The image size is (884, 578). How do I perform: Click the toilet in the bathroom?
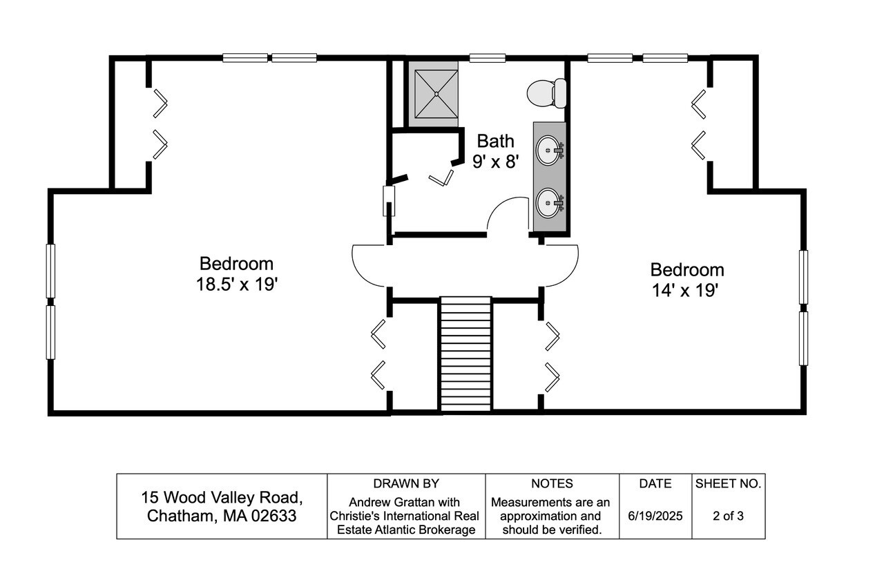[546, 93]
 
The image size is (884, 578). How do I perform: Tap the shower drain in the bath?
[436, 94]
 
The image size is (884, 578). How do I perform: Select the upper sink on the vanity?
[550, 151]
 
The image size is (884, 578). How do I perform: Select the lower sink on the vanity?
[550, 203]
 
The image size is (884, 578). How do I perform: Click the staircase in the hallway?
[465, 354]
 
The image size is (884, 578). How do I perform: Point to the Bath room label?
[495, 142]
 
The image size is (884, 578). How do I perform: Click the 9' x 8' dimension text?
[495, 162]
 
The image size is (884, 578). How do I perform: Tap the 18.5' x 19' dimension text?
[237, 284]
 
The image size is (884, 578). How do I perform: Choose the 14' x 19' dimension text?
[684, 291]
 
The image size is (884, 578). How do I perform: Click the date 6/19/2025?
[655, 516]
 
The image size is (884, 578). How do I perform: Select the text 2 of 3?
[728, 516]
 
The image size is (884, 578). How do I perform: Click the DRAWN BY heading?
[406, 483]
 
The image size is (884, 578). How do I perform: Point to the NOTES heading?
[552, 483]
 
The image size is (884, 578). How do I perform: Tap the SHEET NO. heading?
[728, 483]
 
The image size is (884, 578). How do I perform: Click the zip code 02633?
[273, 516]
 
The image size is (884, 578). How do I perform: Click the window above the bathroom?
[488, 58]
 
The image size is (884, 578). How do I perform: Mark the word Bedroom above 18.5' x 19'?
[236, 264]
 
